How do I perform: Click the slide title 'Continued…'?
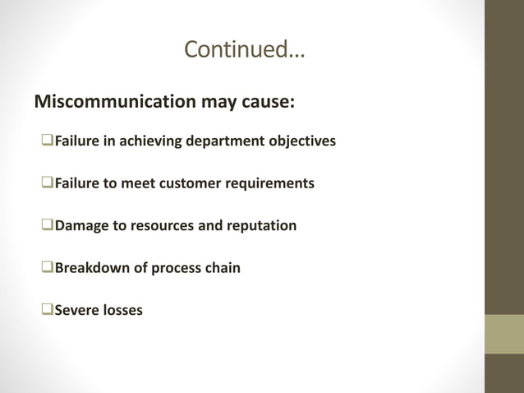(x=244, y=49)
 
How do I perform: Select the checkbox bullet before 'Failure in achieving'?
(x=47, y=141)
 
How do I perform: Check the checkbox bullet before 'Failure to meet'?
(x=47, y=183)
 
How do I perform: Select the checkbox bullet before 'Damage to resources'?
(x=47, y=225)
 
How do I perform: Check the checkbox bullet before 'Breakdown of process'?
(x=47, y=268)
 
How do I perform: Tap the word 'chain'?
(x=222, y=268)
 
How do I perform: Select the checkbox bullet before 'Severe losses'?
(x=47, y=310)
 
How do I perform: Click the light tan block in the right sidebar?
(x=503, y=334)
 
